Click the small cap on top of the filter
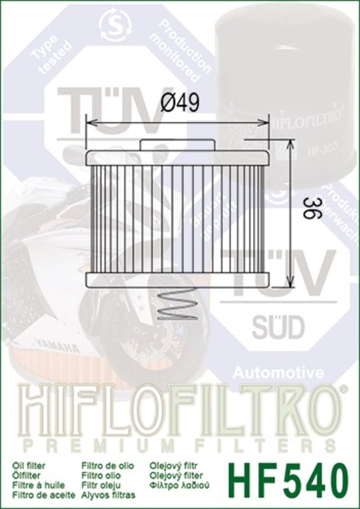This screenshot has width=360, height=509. point(177,144)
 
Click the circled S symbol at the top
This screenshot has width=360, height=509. point(113,24)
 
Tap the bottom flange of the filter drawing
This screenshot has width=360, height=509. point(178,279)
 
